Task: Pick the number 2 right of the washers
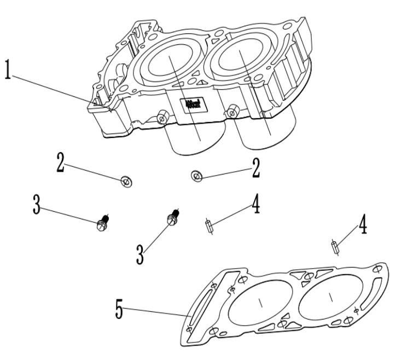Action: click(255, 167)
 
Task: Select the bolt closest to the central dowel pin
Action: click(172, 218)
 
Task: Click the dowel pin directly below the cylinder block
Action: click(209, 226)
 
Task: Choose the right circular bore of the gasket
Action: click(330, 296)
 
